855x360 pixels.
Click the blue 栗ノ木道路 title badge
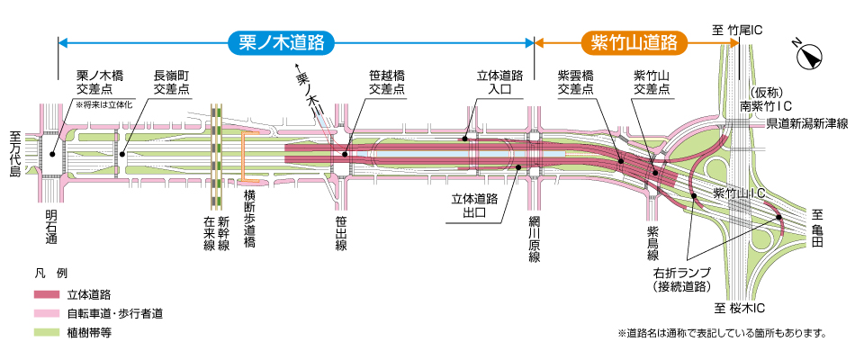coord(282,41)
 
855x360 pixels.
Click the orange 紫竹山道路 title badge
coord(634,41)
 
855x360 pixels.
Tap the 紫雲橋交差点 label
coord(576,83)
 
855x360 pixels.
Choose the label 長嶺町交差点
coord(171,83)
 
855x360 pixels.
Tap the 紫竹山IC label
coord(739,193)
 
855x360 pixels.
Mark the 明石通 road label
coord(51,228)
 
